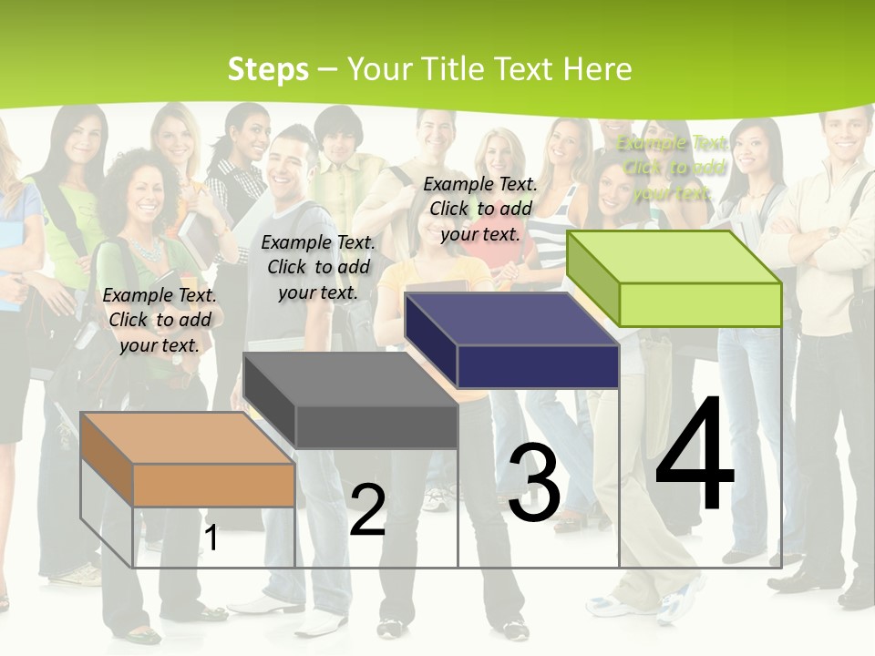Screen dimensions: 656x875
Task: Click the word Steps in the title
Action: (x=268, y=69)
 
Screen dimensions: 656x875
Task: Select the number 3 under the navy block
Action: (x=533, y=482)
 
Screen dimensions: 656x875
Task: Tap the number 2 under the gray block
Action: (x=367, y=509)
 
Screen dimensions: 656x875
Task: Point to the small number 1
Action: (x=211, y=538)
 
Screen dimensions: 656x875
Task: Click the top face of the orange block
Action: (x=187, y=437)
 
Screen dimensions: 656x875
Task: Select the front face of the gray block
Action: (x=376, y=426)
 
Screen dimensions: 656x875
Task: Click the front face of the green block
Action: (x=700, y=304)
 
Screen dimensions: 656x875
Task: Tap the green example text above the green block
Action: (x=673, y=168)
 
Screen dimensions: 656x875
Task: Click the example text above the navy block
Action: (x=480, y=209)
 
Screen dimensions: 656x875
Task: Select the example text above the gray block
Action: (x=318, y=267)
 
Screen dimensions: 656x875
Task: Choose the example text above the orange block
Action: (x=160, y=320)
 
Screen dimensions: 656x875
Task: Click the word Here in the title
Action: (x=597, y=69)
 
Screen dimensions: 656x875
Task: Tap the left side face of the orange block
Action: (x=107, y=459)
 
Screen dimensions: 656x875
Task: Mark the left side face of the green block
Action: (x=592, y=279)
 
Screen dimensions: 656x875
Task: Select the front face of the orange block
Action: (x=213, y=485)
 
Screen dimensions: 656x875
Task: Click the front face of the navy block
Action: (x=538, y=366)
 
